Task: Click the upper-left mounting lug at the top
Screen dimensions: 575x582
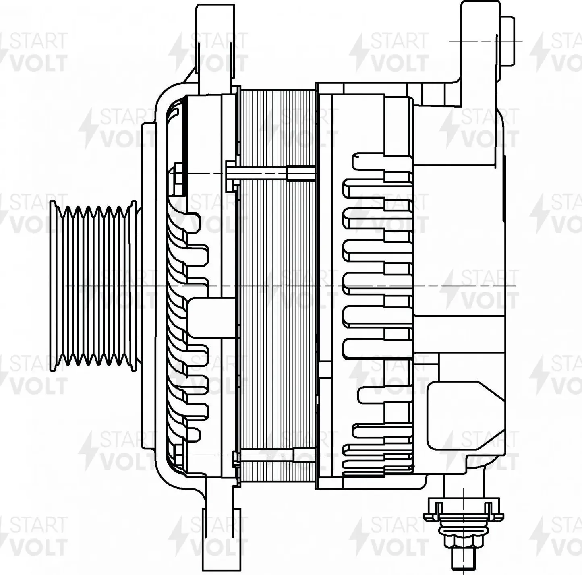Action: pos(215,44)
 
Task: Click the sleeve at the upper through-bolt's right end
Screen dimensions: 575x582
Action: pos(300,174)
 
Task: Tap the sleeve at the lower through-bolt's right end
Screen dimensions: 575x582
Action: pos(304,455)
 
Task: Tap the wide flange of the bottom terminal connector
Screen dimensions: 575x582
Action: pos(463,516)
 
